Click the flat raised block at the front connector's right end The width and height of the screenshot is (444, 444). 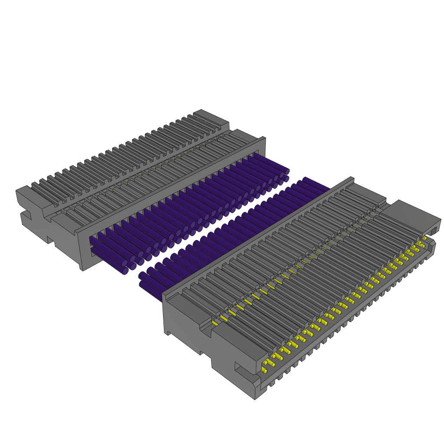click(x=410, y=215)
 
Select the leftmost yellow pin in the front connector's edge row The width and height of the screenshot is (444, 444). click(x=264, y=370)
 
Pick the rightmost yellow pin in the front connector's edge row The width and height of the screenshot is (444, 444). click(x=424, y=238)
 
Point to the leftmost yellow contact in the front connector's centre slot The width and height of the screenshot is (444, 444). click(x=215, y=323)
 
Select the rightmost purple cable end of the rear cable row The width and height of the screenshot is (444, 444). click(x=286, y=172)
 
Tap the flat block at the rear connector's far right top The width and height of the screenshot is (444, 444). click(x=211, y=118)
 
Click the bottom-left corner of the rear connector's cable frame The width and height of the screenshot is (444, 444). click(x=82, y=269)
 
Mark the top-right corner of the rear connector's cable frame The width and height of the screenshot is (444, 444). click(x=264, y=139)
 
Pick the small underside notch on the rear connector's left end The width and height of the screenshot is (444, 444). click(x=50, y=240)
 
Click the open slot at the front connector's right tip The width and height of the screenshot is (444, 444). click(x=434, y=230)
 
